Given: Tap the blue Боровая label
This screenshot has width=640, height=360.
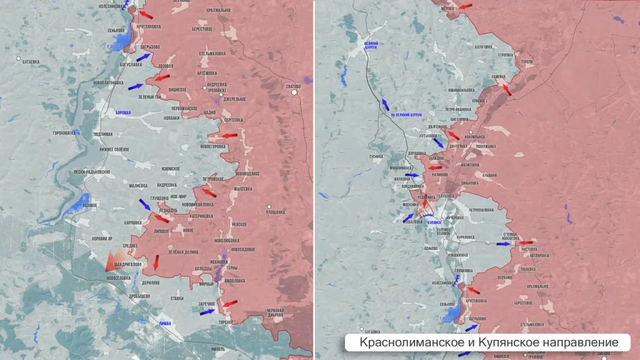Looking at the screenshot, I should click(124, 112).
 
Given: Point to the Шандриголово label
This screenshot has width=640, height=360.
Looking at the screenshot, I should click(129, 264).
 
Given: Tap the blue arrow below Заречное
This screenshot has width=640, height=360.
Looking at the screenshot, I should click(207, 311).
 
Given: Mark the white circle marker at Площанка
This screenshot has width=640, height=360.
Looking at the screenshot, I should click(269, 206).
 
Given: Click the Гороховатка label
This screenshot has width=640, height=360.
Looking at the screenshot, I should click(64, 132).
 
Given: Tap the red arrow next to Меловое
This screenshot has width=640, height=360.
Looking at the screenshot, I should click(466, 6).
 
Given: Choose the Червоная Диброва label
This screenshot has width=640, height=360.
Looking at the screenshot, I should click(275, 312).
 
